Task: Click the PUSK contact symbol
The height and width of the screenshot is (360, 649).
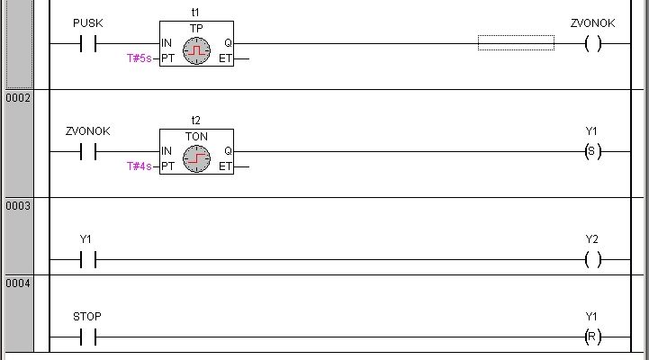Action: (x=87, y=43)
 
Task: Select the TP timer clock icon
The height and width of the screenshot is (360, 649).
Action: (x=196, y=52)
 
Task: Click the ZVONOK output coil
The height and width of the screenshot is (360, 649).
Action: (x=592, y=43)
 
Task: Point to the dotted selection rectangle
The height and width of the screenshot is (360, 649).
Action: (x=516, y=42)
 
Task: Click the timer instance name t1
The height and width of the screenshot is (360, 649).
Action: (x=196, y=12)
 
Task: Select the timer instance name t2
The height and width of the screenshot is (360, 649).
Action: (x=196, y=120)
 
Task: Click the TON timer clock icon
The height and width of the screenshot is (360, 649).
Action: (x=196, y=160)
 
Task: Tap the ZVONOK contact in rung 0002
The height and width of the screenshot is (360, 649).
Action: (x=87, y=151)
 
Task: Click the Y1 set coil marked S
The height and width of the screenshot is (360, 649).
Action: (x=592, y=151)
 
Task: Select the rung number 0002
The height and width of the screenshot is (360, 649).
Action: (x=18, y=97)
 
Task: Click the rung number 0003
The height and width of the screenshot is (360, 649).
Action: (x=18, y=206)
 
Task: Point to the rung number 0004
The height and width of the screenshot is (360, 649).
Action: (x=18, y=283)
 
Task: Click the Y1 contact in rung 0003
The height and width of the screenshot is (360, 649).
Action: (x=87, y=260)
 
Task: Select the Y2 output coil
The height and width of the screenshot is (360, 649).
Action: (x=592, y=260)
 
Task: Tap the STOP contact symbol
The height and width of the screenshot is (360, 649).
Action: (x=87, y=337)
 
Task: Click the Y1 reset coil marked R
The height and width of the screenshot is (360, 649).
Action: (x=592, y=337)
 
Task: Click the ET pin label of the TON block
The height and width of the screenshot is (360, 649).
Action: (x=225, y=166)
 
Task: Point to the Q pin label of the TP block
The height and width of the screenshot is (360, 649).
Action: (x=228, y=43)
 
